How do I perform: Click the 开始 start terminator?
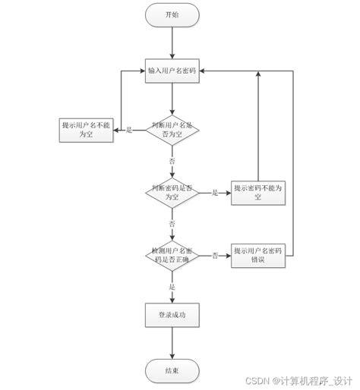coord(172,14)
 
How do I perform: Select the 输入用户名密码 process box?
coord(172,71)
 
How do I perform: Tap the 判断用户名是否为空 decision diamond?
coord(172,130)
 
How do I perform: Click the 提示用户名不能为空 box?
coord(86,130)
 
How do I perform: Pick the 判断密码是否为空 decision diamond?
coord(172,193)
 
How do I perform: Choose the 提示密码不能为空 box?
coord(258,193)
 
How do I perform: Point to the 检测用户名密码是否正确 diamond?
coord(172,255)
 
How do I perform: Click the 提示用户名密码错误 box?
coord(258,255)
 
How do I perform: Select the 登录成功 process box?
coord(172,314)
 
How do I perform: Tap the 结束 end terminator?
coord(172,371)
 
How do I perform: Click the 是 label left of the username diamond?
coord(128,131)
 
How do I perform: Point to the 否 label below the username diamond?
coord(172,161)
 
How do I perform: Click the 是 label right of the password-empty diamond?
coord(215,193)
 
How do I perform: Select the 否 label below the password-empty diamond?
coord(172,225)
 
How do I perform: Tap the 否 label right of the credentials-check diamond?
coord(215,256)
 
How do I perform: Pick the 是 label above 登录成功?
coord(172,287)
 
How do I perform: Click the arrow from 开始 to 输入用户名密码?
coord(172,42)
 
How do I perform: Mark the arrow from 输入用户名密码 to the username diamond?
coord(172,97)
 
